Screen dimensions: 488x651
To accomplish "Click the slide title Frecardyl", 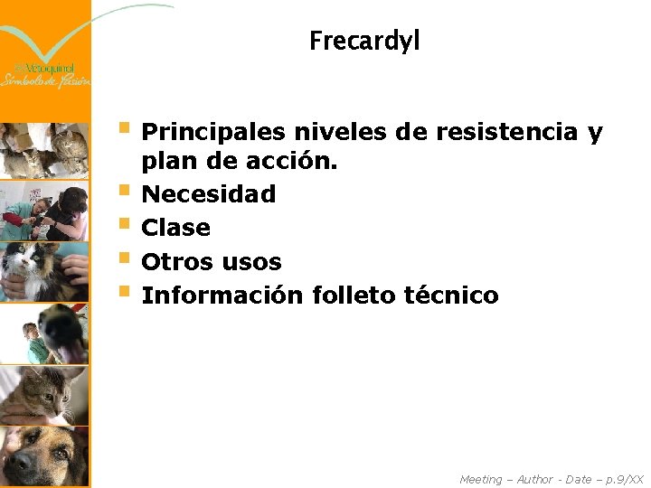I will (364, 42).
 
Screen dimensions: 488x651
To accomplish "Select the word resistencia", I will (506, 133).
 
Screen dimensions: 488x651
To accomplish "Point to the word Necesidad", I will (209, 193).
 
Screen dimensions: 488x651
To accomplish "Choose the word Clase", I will (176, 228).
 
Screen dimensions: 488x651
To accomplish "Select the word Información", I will (222, 296).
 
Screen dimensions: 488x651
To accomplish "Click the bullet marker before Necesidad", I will (125, 192).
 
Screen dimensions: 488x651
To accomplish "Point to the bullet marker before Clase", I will (125, 226).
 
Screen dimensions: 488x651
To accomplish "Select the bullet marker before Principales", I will (125, 131).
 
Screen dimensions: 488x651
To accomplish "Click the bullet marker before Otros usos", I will (125, 260).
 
